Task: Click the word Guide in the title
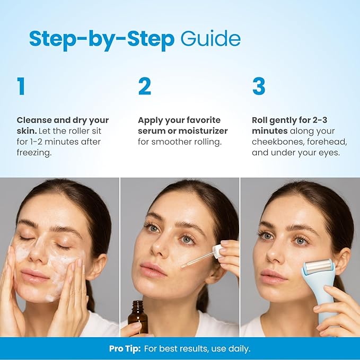pyautogui.click(x=210, y=38)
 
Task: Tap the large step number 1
pyautogui.click(x=21, y=86)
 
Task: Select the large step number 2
pyautogui.click(x=145, y=86)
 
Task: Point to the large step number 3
pyautogui.click(x=259, y=86)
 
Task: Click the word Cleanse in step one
pyautogui.click(x=34, y=120)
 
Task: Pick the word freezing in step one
pyautogui.click(x=34, y=153)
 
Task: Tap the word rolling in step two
pyautogui.click(x=208, y=142)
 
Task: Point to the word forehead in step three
pyautogui.click(x=327, y=142)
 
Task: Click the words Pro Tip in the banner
pyautogui.click(x=125, y=349)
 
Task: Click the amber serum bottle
pyautogui.click(x=138, y=317)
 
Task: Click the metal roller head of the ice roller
pyautogui.click(x=318, y=266)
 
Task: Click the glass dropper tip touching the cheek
pyautogui.click(x=183, y=266)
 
